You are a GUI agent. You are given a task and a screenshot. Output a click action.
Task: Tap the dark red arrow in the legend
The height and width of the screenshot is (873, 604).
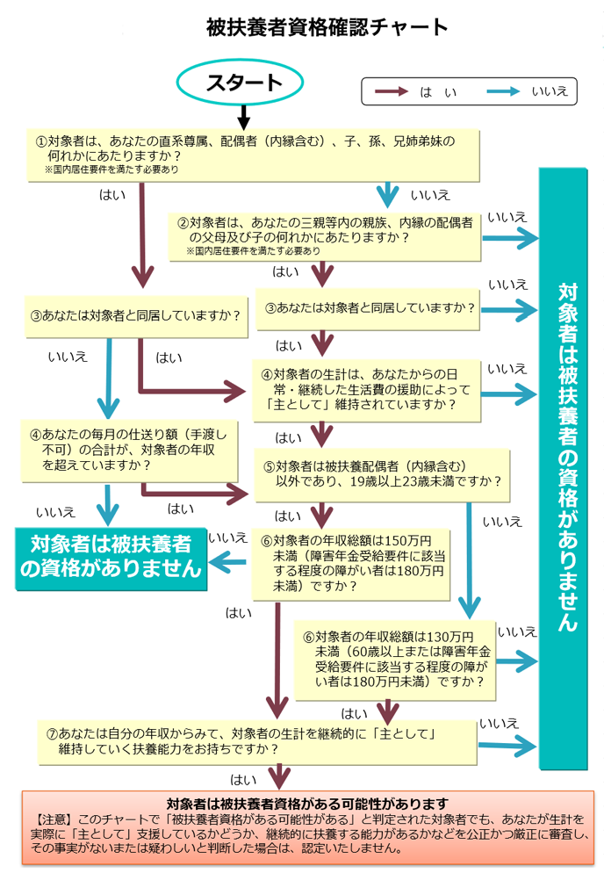click(391, 90)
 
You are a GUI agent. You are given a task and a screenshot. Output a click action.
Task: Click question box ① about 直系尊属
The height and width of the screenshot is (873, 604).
click(254, 153)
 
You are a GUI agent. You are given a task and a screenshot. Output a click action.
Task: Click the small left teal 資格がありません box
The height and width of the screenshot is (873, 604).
click(110, 555)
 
